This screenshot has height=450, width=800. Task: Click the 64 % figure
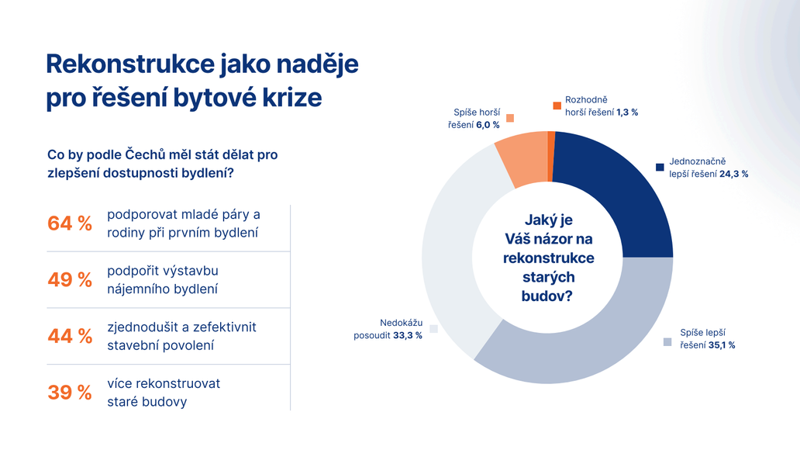[x=70, y=223]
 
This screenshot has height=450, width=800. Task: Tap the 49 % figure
[x=70, y=280]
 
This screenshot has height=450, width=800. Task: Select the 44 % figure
[x=70, y=337]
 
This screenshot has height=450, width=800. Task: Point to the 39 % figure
[x=70, y=393]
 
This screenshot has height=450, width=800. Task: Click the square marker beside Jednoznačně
[x=660, y=167]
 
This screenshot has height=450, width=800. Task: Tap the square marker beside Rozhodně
[x=557, y=106]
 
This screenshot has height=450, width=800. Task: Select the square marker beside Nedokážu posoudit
[x=433, y=329]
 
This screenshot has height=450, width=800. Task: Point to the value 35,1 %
[x=722, y=345]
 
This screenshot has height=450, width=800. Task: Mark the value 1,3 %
[x=627, y=112]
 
